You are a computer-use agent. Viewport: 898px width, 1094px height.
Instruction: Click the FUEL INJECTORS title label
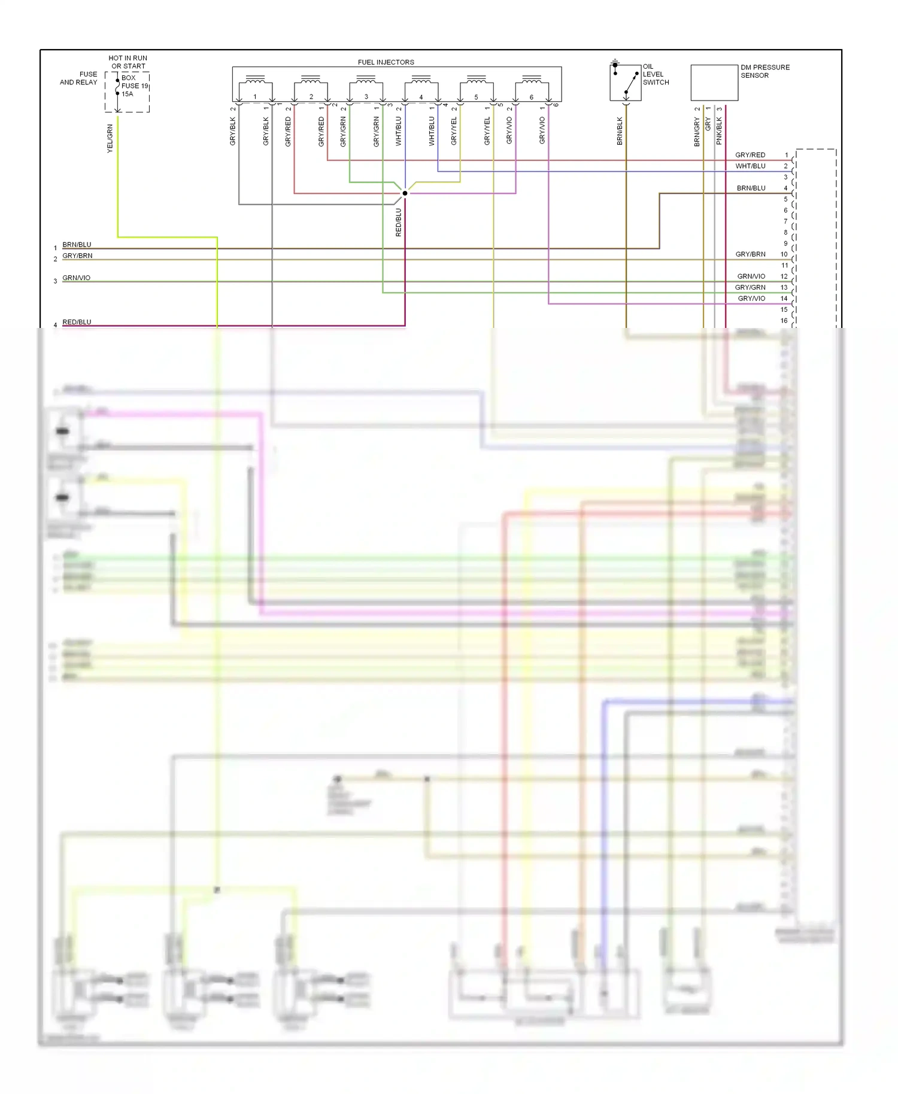pos(386,62)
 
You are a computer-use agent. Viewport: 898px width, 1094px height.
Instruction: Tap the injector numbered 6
pos(532,90)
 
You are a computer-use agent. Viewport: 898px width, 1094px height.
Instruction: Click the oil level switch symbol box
pos(625,83)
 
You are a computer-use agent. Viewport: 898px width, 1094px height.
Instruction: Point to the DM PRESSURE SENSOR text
pos(764,71)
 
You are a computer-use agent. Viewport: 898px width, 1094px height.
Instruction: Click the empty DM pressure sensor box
pos(714,83)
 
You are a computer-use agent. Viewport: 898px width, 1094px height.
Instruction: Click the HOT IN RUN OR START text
pos(128,62)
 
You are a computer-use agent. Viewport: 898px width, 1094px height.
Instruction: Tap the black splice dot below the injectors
pos(405,193)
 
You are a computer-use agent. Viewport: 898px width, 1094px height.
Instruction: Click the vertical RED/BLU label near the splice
pos(399,222)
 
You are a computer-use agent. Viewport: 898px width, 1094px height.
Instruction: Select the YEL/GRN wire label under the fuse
pos(110,138)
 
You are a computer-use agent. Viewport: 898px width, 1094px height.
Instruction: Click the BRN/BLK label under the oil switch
pos(620,131)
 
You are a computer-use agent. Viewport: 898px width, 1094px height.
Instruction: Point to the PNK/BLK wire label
pos(719,131)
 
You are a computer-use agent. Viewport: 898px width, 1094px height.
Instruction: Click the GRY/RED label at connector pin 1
pos(750,155)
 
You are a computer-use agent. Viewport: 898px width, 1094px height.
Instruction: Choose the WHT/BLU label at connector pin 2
pos(750,166)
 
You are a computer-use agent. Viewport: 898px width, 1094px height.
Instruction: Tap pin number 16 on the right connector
pos(784,321)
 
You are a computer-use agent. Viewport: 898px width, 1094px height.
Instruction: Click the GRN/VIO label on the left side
pos(76,278)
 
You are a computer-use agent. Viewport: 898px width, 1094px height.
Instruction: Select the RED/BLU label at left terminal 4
pos(77,322)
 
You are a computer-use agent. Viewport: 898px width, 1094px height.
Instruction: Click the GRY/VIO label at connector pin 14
pos(751,299)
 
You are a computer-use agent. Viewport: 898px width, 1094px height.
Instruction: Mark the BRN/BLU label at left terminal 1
pos(77,245)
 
